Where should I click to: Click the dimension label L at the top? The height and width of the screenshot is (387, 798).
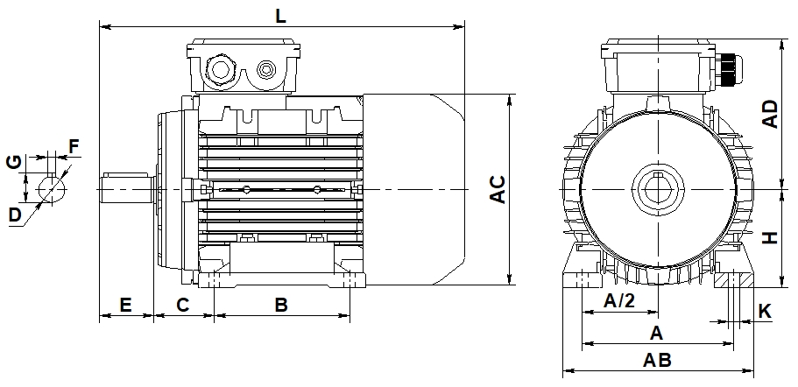280,15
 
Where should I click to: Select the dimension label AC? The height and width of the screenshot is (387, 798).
497,190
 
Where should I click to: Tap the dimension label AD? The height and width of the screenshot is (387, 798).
769,114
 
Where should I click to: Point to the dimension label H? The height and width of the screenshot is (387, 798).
769,237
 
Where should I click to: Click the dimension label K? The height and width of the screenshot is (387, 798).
764,311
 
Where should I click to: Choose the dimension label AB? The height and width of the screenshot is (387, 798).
657,361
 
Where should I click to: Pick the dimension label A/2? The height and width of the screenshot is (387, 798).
619,302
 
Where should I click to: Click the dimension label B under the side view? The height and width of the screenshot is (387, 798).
281,305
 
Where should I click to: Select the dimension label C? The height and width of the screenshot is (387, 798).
183,305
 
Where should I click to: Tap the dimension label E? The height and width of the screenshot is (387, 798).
125,305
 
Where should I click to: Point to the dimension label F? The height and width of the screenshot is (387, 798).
74,144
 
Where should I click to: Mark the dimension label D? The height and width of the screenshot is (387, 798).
14,215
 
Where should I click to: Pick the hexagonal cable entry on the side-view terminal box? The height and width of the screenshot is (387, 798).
219,68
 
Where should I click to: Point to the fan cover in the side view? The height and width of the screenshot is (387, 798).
412,189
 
